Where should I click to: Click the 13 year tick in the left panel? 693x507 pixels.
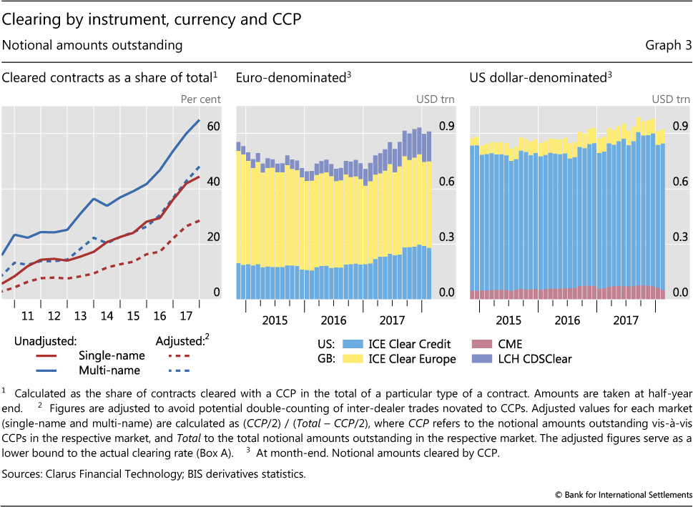tap(81, 315)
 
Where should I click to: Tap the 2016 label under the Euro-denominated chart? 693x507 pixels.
tap(333, 320)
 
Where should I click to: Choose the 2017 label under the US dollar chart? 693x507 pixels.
tap(626, 320)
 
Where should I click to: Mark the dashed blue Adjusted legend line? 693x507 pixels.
tap(176, 370)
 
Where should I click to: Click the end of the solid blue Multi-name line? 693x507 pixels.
tap(199, 119)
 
